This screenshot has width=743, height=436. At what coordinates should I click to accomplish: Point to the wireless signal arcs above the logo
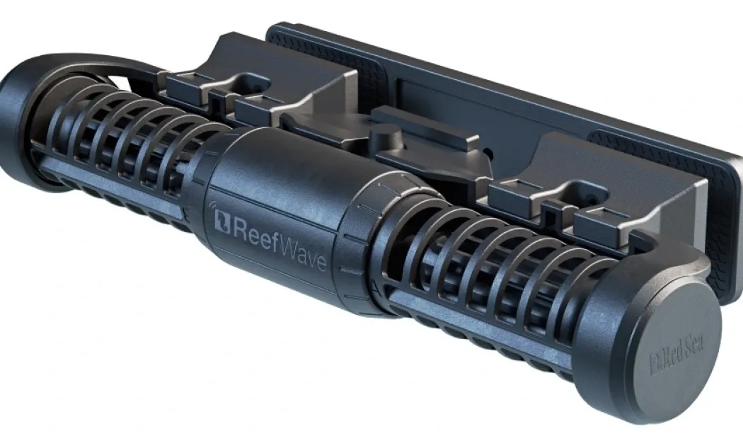(212, 206)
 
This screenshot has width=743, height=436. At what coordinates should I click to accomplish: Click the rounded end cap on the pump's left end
(16, 123)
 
